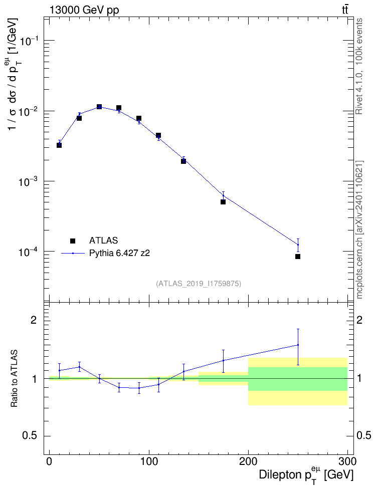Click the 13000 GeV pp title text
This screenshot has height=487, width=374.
84,11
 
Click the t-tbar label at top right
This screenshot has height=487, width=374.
345,10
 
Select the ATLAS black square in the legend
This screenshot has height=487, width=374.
73,240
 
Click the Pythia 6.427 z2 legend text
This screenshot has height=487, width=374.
119,254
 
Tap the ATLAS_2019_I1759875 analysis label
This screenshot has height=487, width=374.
199,284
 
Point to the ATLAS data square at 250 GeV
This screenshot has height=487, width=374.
298,257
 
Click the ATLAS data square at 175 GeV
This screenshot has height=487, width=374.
223,202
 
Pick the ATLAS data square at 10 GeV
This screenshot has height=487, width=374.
59,145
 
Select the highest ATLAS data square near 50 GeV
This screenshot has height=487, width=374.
99,107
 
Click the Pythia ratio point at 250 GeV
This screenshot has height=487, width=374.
298,345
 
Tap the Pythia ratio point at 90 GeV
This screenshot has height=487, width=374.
139,388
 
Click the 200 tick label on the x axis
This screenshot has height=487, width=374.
248,461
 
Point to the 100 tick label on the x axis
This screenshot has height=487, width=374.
149,461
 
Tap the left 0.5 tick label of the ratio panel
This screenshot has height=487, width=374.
30,436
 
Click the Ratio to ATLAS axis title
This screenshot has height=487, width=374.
14,379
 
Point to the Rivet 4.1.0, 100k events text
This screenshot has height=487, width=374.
359,66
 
